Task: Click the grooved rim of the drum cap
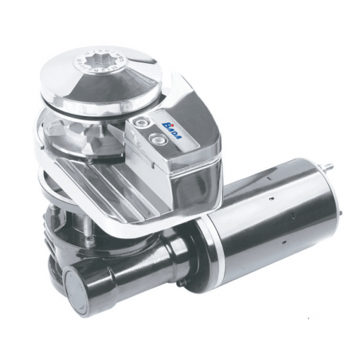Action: pyautogui.click(x=119, y=100)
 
